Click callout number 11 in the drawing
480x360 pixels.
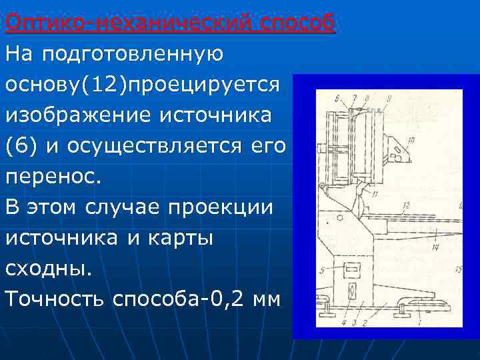click(x=375, y=194)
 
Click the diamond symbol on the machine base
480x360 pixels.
click(x=352, y=291)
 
